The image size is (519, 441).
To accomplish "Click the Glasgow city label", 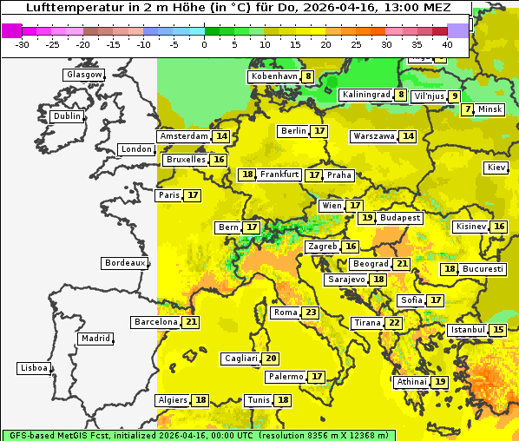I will (83, 75).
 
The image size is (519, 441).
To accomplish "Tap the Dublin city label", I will (67, 116).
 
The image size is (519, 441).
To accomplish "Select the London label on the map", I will (136, 149).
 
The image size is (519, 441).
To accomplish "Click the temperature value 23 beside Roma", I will (311, 313).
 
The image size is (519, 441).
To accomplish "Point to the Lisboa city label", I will (33, 368).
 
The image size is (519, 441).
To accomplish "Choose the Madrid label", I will (95, 339).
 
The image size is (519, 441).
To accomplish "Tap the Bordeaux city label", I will (124, 263).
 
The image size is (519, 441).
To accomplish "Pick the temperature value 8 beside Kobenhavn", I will (308, 76).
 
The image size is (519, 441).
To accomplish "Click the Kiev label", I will (496, 168).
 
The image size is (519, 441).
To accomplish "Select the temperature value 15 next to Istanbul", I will (498, 331).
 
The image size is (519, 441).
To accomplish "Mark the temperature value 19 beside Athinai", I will (440, 382).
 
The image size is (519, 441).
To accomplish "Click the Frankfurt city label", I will (279, 174).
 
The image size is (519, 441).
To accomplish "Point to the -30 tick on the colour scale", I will (23, 43).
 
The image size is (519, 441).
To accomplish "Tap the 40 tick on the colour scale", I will (447, 43).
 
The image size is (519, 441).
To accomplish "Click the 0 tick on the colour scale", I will (204, 43).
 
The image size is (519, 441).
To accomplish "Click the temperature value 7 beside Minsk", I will (468, 109).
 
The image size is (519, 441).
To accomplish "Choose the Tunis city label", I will (259, 400).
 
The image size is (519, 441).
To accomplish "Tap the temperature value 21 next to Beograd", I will (402, 264).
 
